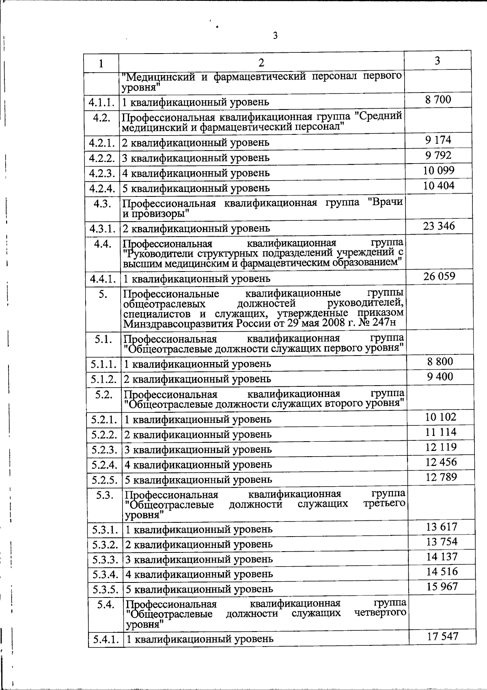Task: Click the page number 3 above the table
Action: coord(275,36)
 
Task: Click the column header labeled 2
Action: coord(261,63)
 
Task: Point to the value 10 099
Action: coord(439,170)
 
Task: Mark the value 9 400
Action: coord(440,377)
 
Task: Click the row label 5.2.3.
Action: coord(104,450)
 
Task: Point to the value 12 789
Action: coord(441,477)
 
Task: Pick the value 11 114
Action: coord(441,432)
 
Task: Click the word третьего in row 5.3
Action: coord(385,504)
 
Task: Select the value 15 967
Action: coord(442,586)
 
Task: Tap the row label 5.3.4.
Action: coord(105,574)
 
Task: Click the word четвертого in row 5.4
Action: coord(380,613)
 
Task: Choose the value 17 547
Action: coord(442,636)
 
